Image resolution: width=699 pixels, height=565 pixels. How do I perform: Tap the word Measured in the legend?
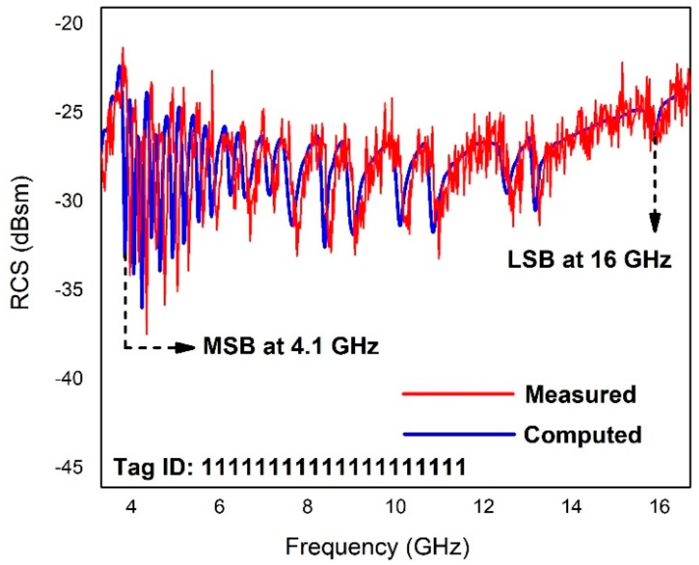[x=581, y=394]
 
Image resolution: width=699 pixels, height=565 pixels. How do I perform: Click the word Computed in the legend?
[x=582, y=435]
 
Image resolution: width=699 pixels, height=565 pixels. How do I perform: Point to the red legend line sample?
[x=458, y=394]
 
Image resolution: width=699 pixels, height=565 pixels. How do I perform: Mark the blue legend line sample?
[x=459, y=434]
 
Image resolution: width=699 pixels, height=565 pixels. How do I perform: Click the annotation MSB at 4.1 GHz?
[x=291, y=347]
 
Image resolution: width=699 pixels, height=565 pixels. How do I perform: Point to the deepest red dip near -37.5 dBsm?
[x=147, y=334]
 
